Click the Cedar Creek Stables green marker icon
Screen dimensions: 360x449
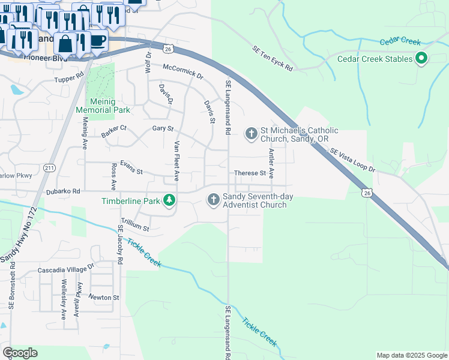click(x=421, y=59)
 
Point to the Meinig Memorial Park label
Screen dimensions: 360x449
click(x=103, y=106)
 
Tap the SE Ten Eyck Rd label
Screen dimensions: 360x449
click(x=272, y=59)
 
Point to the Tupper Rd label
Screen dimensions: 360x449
click(x=68, y=79)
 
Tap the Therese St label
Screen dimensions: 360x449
click(x=250, y=173)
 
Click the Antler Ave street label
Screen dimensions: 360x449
click(x=271, y=164)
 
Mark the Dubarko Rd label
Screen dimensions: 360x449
click(x=63, y=191)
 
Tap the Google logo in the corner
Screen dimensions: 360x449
click(x=20, y=353)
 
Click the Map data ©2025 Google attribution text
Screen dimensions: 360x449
click(x=411, y=355)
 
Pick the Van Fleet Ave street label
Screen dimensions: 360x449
click(x=176, y=161)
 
